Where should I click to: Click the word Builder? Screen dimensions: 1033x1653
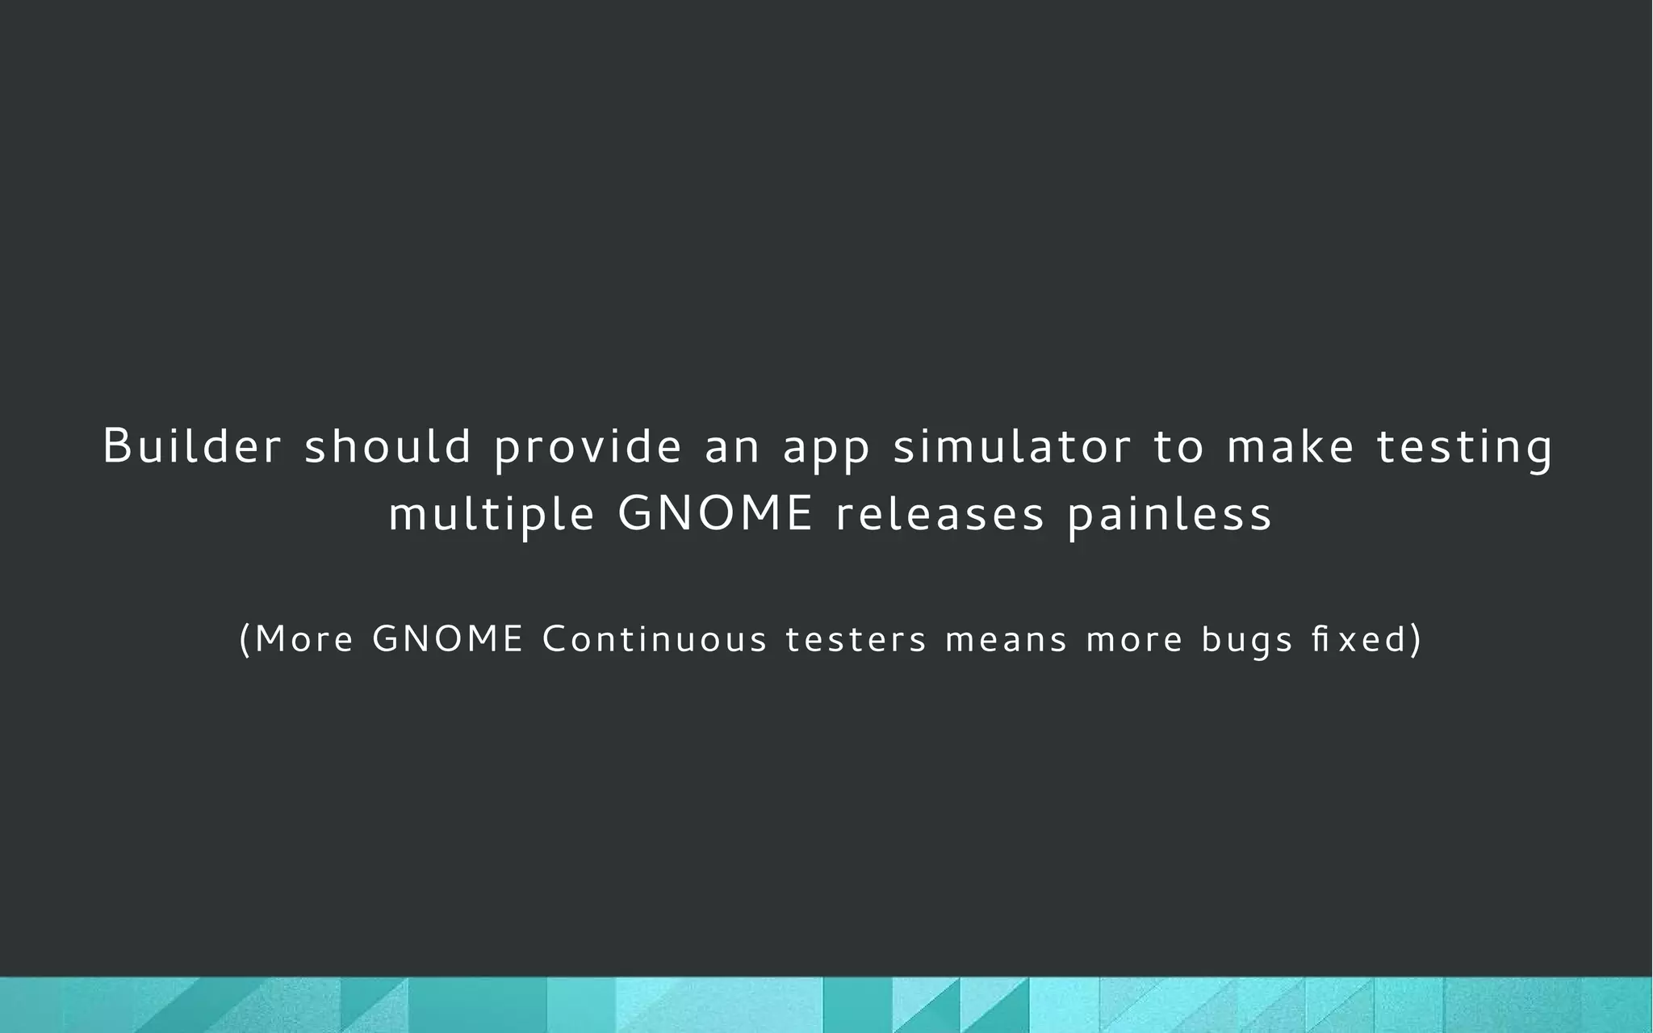click(192, 446)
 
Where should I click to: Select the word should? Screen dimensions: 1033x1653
click(387, 446)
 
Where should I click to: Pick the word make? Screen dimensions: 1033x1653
click(1290, 446)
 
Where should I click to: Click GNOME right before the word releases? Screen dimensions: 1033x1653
click(715, 513)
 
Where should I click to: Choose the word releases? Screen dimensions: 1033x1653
click(940, 514)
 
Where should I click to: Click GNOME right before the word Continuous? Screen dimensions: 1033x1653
click(448, 639)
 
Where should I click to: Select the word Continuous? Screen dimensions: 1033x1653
click(655, 639)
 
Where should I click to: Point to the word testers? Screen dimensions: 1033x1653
click(856, 640)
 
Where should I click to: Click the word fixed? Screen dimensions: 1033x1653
click(1359, 639)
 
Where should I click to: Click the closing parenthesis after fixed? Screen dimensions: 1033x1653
click(1415, 640)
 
